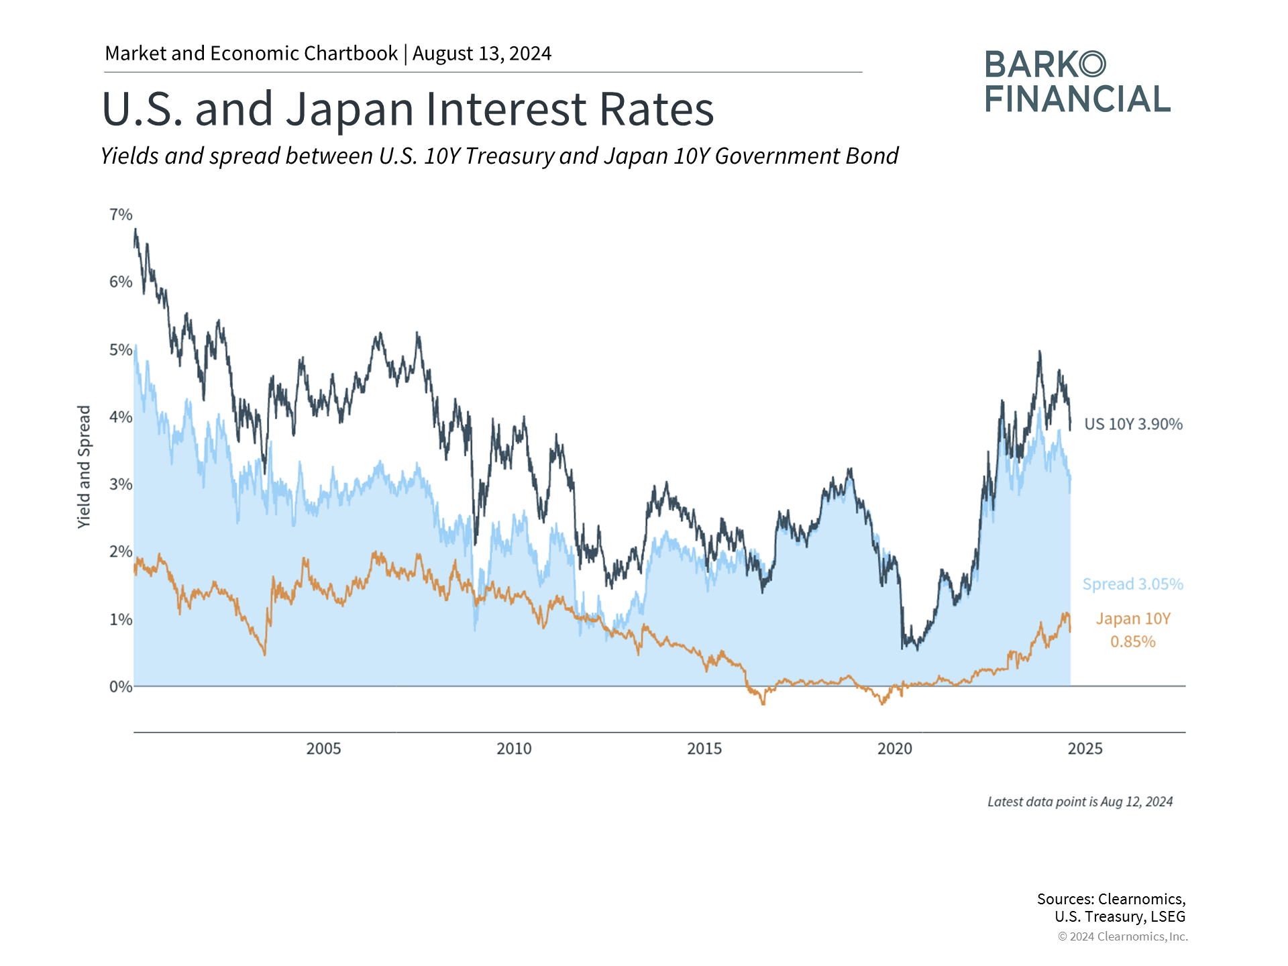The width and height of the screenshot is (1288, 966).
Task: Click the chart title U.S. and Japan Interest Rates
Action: [x=408, y=109]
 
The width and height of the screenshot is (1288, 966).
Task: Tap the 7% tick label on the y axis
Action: [x=121, y=215]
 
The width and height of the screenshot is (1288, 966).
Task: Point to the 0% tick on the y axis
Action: [x=121, y=687]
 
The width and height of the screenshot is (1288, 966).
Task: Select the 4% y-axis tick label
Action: [x=121, y=417]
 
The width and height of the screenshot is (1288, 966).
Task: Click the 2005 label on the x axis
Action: [x=323, y=749]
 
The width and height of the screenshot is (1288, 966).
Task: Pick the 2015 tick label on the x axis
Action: [x=704, y=749]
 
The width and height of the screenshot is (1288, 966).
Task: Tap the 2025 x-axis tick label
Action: [x=1085, y=749]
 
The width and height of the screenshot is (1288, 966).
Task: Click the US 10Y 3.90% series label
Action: [x=1133, y=424]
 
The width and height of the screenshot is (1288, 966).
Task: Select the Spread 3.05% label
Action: [x=1132, y=584]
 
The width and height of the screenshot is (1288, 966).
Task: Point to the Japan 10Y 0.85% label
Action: [x=1133, y=630]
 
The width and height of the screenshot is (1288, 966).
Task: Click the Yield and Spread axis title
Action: [x=84, y=467]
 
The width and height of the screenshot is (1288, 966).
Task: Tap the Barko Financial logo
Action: [x=1077, y=82]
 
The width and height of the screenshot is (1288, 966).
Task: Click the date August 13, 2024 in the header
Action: [x=482, y=54]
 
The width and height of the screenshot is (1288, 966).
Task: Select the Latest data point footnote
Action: [x=1080, y=802]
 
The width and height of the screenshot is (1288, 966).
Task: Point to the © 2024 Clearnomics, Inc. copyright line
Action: [x=1122, y=936]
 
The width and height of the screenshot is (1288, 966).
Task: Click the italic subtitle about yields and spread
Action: [x=499, y=156]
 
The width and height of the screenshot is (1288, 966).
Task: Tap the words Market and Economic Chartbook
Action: [x=251, y=54]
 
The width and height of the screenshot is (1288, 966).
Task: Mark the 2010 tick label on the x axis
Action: [x=514, y=749]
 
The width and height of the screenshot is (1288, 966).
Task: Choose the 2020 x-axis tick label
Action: [x=895, y=749]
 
